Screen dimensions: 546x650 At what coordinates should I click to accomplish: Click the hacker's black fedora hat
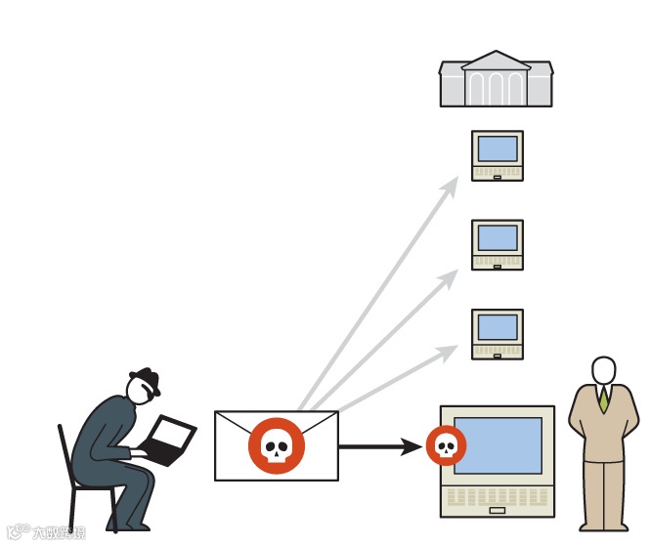(x=145, y=380)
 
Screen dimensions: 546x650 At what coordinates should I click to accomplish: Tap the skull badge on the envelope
(x=277, y=446)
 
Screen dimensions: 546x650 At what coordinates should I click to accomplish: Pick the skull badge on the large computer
(x=446, y=446)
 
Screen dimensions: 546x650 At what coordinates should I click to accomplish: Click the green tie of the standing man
(x=604, y=399)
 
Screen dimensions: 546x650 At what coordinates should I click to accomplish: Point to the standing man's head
(x=604, y=371)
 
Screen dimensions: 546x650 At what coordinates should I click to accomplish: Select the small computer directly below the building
(x=498, y=155)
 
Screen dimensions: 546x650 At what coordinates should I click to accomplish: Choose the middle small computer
(x=498, y=244)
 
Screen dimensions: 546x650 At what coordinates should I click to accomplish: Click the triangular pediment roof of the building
(x=496, y=61)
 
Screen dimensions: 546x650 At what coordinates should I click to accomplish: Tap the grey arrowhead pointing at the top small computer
(x=451, y=185)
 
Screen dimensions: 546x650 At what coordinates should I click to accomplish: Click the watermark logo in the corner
(x=45, y=533)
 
